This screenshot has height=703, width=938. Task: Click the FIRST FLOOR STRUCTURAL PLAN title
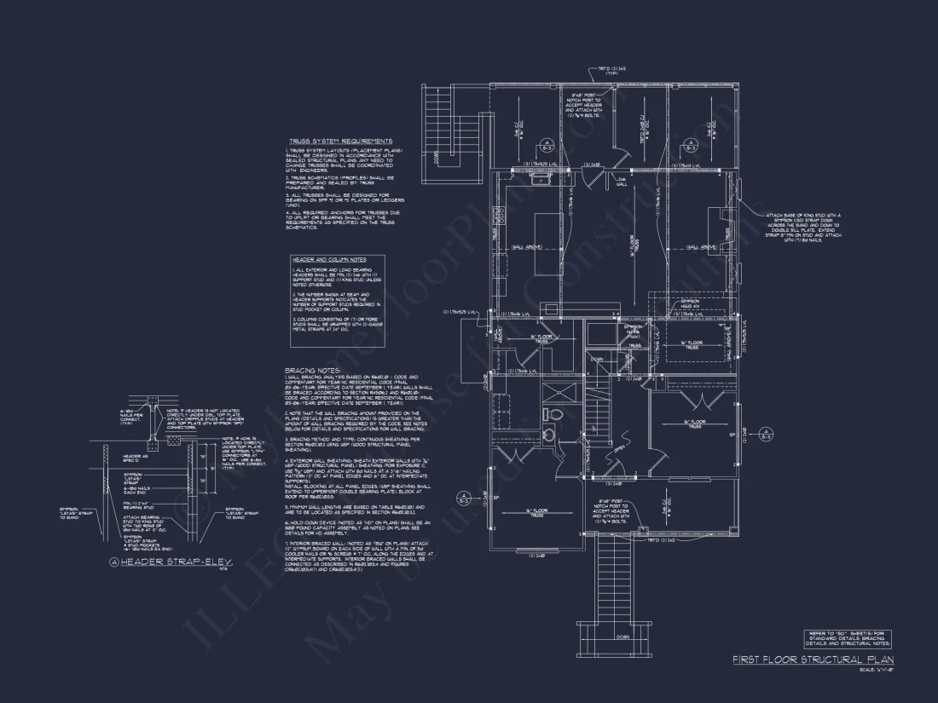(x=811, y=660)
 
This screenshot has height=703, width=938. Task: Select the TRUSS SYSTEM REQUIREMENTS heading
(x=340, y=141)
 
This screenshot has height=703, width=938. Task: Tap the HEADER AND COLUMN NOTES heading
(x=328, y=259)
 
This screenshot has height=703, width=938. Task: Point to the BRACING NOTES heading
(x=308, y=371)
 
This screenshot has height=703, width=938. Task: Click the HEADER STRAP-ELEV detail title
(x=174, y=562)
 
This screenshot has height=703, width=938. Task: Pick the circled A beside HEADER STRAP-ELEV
(x=114, y=562)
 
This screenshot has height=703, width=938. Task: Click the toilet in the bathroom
(x=551, y=415)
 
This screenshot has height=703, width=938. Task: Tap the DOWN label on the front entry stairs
(x=620, y=637)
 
